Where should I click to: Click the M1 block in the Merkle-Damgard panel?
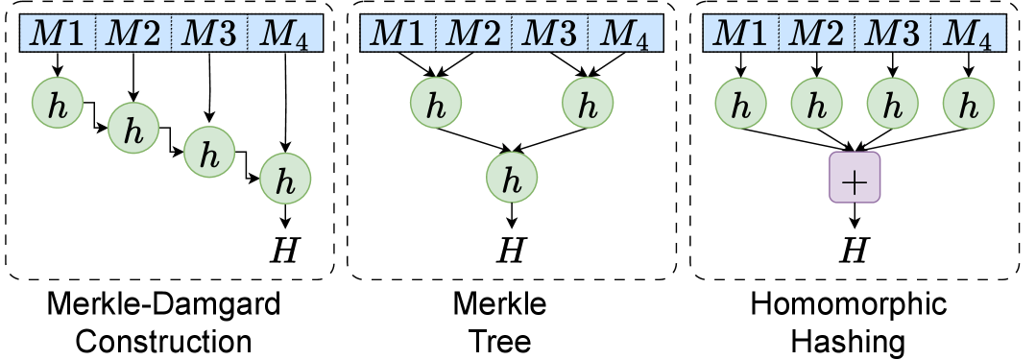point(58,36)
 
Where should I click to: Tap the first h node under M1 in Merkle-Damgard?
point(57,103)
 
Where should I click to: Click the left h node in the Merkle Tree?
point(436,103)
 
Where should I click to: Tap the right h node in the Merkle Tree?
point(589,103)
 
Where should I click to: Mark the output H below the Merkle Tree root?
point(512,250)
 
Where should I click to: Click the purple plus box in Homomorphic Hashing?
point(854,178)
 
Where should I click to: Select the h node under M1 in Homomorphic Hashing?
point(740,103)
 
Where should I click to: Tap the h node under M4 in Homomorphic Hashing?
point(969,103)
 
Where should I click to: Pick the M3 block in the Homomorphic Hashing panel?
point(892,36)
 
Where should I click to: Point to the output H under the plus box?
point(854,250)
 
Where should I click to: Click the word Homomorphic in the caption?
point(848,307)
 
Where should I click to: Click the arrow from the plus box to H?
point(854,216)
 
